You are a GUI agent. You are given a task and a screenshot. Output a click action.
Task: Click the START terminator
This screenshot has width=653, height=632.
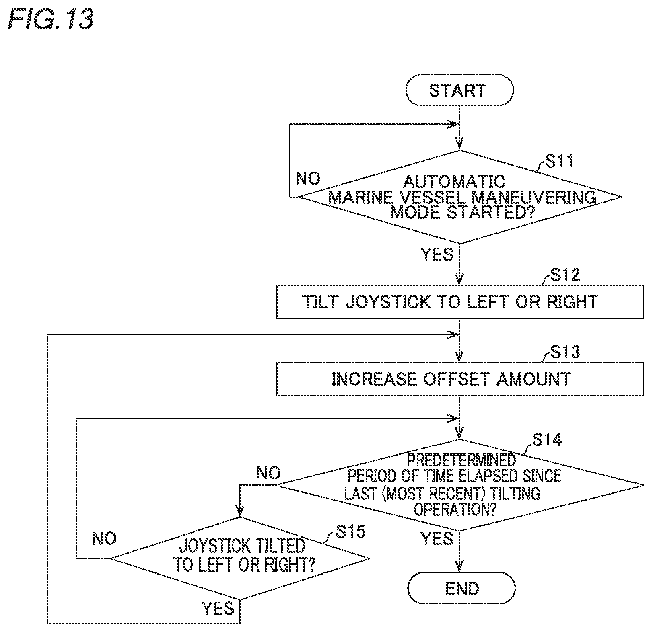click(459, 90)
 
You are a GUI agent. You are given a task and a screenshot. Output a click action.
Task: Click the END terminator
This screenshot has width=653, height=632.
click(461, 588)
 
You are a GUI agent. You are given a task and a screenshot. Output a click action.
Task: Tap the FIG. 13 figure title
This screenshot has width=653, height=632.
click(51, 19)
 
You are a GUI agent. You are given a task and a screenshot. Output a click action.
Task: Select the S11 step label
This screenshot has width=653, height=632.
click(559, 161)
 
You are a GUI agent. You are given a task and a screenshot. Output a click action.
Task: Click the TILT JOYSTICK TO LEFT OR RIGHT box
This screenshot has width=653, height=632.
click(460, 302)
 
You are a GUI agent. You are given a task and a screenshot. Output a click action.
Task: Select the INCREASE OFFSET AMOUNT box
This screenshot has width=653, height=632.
click(460, 379)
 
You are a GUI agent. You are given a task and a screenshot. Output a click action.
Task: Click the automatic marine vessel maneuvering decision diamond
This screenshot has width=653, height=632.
click(459, 197)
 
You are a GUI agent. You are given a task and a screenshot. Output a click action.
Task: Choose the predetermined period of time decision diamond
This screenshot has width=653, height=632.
click(459, 485)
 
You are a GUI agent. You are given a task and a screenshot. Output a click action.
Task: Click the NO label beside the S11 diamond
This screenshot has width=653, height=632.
click(308, 179)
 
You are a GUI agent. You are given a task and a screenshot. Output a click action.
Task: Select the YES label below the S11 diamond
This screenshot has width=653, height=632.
click(437, 254)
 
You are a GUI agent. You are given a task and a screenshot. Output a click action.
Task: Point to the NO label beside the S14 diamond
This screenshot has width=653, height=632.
click(269, 473)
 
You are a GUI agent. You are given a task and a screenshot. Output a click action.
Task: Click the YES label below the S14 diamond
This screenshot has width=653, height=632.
click(437, 538)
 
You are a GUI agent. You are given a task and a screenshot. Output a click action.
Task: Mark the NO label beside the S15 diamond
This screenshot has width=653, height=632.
click(104, 538)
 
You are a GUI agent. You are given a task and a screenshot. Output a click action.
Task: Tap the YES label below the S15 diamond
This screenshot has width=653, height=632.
click(218, 608)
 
